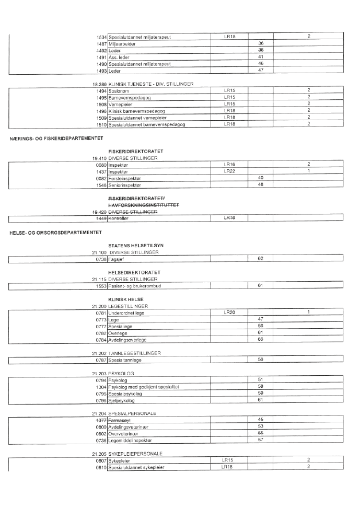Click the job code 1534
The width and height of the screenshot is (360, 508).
[x=101, y=37]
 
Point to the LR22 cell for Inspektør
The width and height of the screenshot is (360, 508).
[x=229, y=171]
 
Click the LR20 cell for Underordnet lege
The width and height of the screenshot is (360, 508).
[x=229, y=313]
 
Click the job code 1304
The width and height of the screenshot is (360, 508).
[x=101, y=387]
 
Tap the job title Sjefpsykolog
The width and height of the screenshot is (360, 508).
[x=121, y=401]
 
